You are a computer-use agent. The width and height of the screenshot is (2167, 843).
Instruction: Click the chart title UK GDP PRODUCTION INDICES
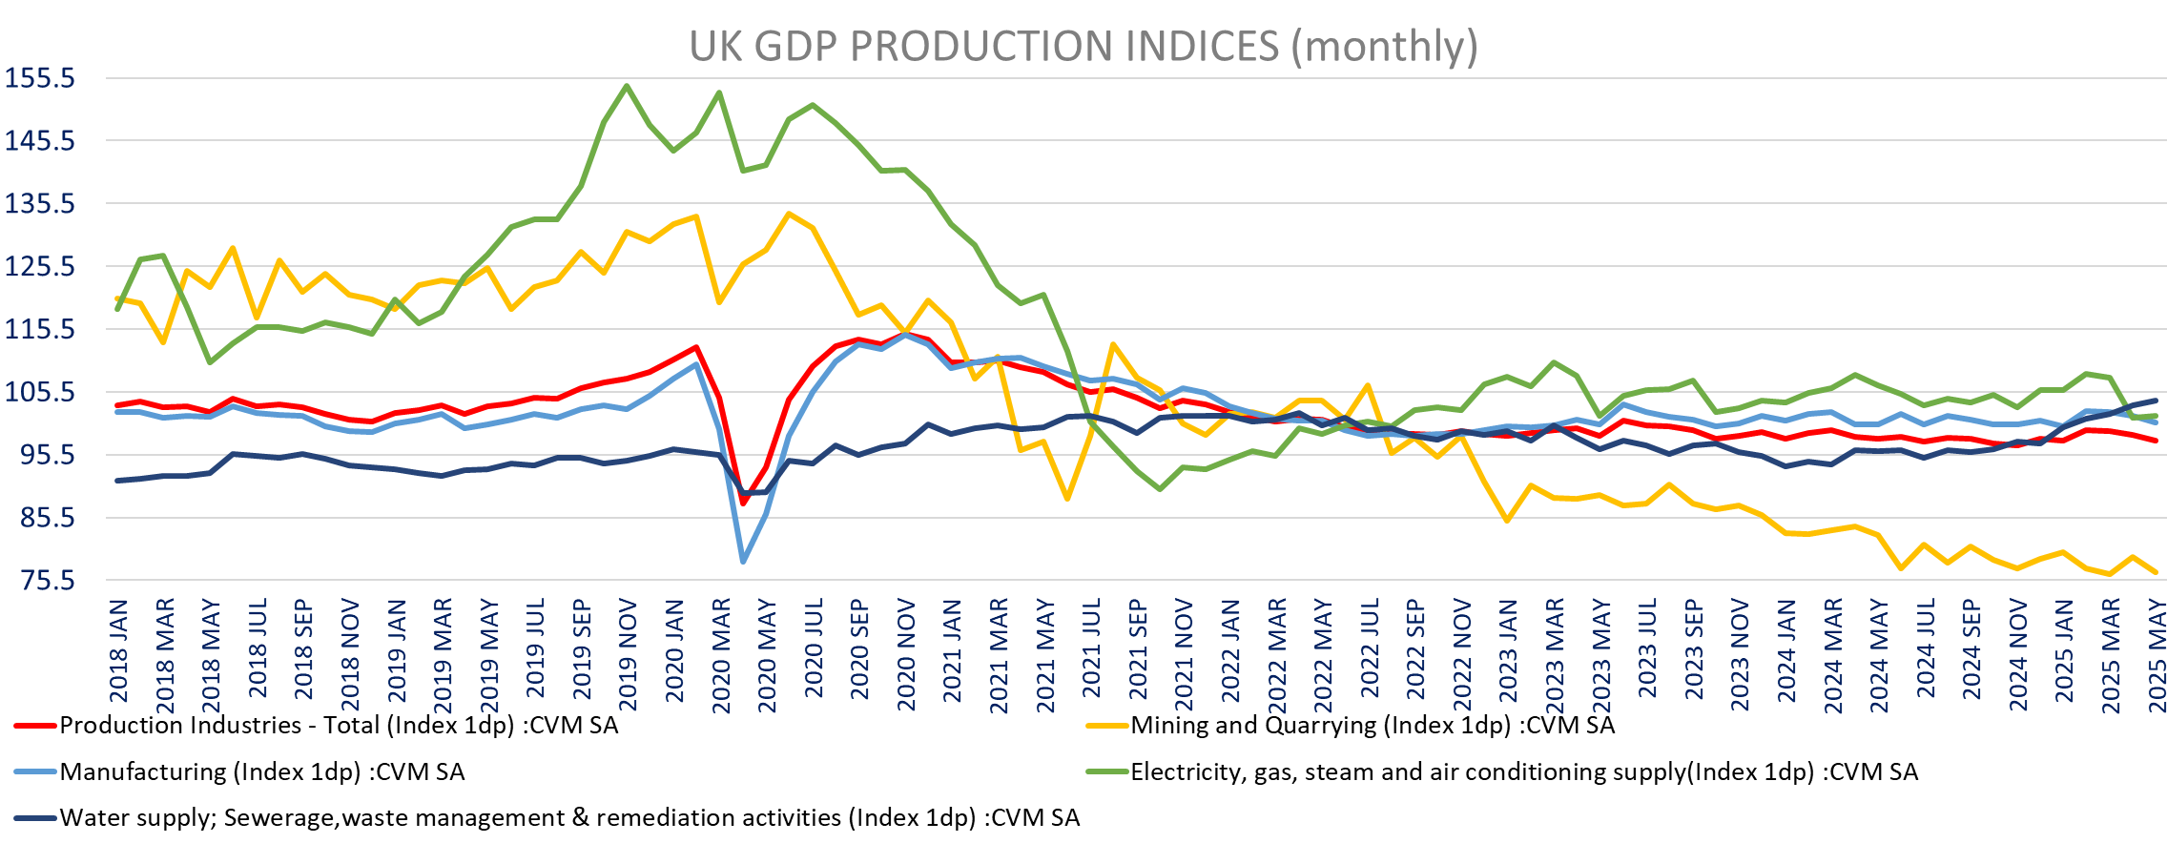coord(1083,47)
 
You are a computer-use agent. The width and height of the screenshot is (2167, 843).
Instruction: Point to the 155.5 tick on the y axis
coord(40,78)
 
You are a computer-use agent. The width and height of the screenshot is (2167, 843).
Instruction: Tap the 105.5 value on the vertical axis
coord(40,391)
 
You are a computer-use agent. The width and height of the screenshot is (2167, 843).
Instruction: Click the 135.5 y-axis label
coord(40,203)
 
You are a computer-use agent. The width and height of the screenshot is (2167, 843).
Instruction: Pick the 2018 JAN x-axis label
coord(118,649)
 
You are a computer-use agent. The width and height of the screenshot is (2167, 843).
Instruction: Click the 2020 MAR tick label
coord(721,655)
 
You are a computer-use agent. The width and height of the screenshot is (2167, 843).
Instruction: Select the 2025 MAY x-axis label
coord(2156,655)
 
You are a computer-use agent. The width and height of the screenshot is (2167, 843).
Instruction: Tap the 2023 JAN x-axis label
coord(1508,649)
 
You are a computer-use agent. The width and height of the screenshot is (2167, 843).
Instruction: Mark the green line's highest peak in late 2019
coord(627,86)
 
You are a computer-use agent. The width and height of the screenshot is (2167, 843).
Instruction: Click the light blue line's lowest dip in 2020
coord(743,562)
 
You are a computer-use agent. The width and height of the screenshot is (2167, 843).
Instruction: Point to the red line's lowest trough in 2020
coord(743,503)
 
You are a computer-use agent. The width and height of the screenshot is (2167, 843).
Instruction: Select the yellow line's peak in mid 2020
coord(789,214)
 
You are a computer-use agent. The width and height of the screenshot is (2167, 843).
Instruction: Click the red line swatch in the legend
coord(35,727)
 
